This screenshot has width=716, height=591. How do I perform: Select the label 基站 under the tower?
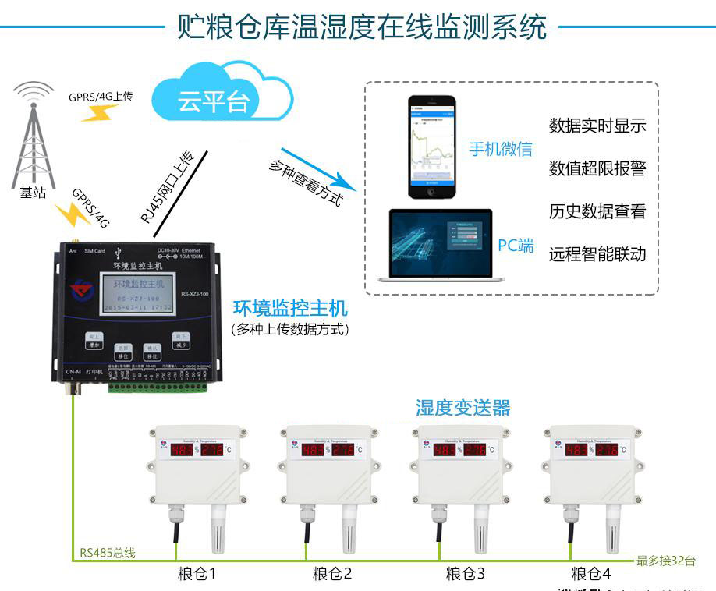point(33,193)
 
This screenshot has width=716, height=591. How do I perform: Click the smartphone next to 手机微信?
point(433,148)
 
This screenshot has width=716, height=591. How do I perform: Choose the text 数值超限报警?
point(597,168)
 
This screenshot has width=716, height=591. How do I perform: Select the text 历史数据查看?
point(597,211)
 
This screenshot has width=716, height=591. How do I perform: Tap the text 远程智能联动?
point(597,254)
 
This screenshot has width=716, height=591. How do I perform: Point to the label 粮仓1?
point(196,575)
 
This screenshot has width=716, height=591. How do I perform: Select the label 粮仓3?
point(465,575)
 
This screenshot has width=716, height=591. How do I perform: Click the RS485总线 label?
point(108,554)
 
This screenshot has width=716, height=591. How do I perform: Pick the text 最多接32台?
point(666,560)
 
